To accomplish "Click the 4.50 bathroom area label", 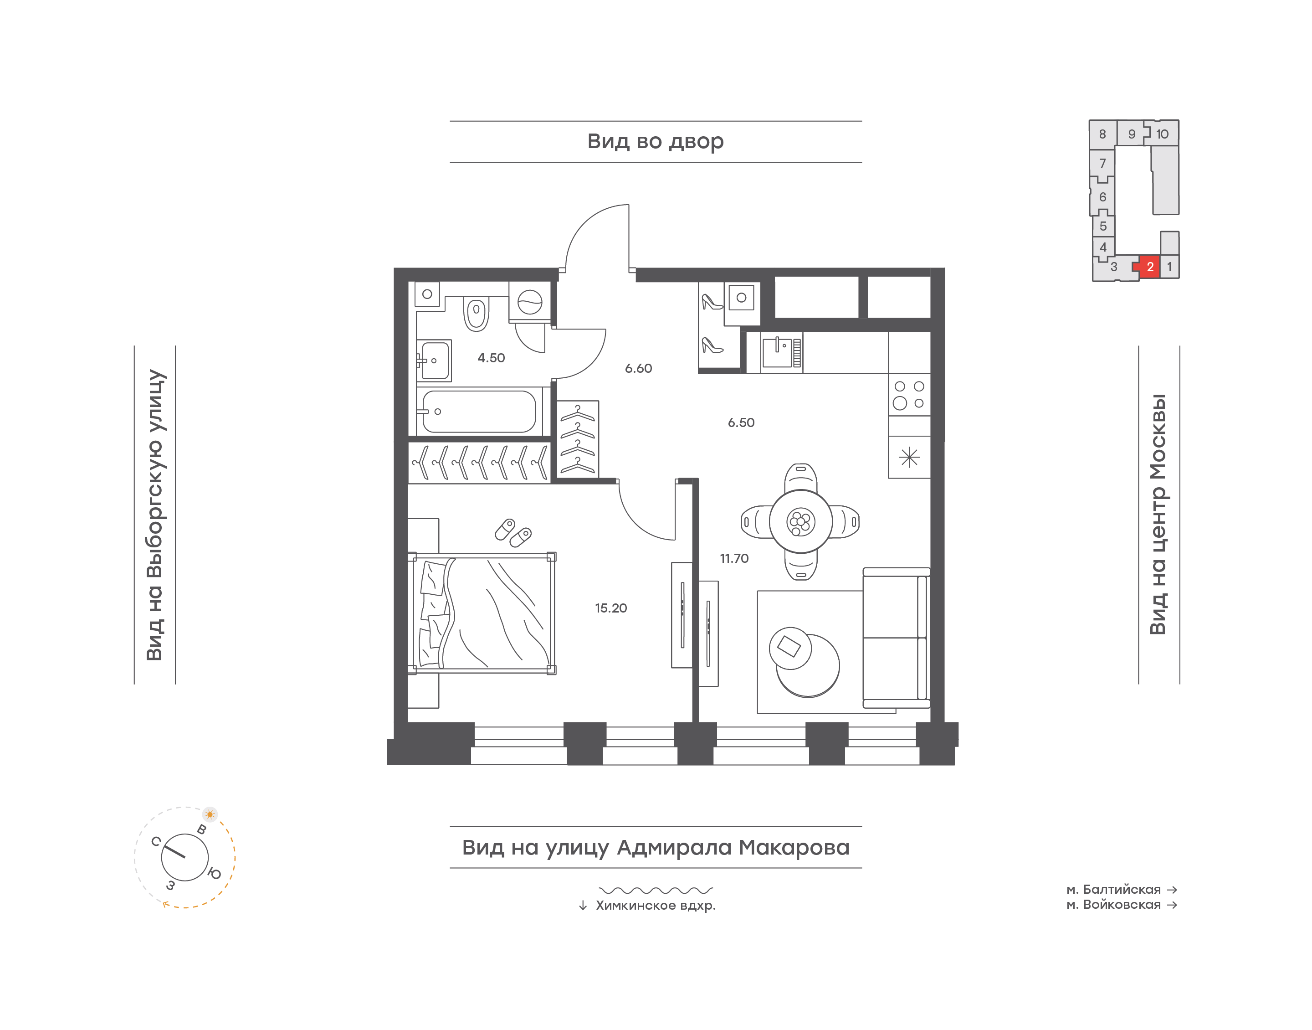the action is (x=491, y=358).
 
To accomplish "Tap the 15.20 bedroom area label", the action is (x=610, y=608).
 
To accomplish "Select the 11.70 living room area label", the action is (x=733, y=558).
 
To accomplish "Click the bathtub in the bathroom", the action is (x=479, y=411).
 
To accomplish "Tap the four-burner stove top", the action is (x=909, y=395).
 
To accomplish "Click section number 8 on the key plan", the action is (x=1102, y=134).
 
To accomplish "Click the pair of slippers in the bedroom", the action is (x=513, y=532).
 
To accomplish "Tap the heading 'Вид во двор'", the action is (x=655, y=142).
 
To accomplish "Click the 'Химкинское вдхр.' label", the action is (x=656, y=905).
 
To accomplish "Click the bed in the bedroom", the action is (x=482, y=613).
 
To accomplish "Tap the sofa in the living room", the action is (x=896, y=638).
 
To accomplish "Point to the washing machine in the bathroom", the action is (x=530, y=302).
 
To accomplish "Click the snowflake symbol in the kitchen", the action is (x=909, y=457).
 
